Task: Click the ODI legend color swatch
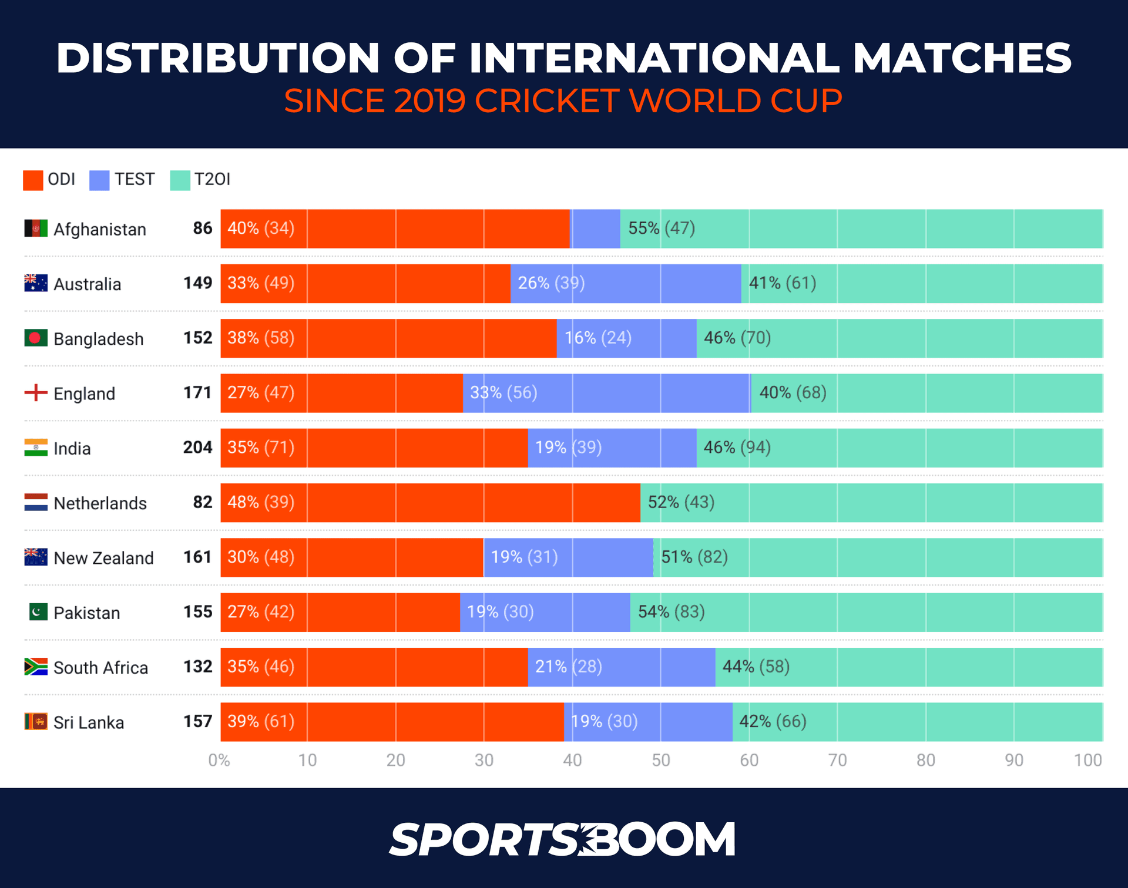pos(33,180)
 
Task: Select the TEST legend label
pos(134,179)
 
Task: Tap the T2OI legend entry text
pos(212,179)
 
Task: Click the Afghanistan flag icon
pos(36,228)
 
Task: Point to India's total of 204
pos(197,448)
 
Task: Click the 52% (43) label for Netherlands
pos(681,502)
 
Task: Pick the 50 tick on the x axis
pos(660,760)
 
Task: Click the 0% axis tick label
pos(219,760)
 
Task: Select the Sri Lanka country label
pos(89,722)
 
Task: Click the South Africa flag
pos(36,667)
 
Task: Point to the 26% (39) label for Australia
pos(550,283)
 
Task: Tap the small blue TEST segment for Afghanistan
pos(595,228)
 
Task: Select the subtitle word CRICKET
pos(546,101)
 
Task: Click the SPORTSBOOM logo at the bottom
pos(562,839)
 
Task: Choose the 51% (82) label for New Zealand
pos(694,557)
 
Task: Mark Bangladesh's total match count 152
pos(197,338)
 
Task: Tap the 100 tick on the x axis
pos(1087,760)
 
